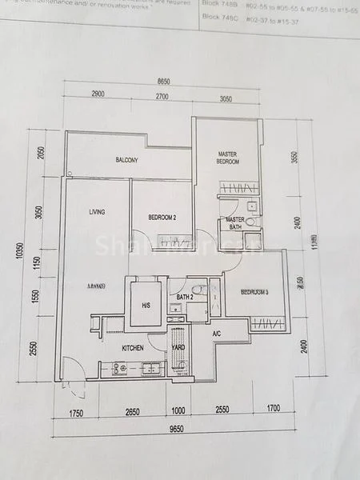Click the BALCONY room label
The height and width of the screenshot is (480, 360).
tap(127, 160)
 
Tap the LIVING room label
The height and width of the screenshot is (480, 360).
tap(98, 211)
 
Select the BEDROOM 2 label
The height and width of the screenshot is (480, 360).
tap(162, 217)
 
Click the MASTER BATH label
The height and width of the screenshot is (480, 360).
tap(235, 223)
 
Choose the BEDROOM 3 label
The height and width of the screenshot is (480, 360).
tap(252, 291)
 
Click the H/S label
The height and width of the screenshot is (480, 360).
tap(146, 306)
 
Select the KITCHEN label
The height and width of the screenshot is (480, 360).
tap(132, 348)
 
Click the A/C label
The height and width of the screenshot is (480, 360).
tap(216, 334)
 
